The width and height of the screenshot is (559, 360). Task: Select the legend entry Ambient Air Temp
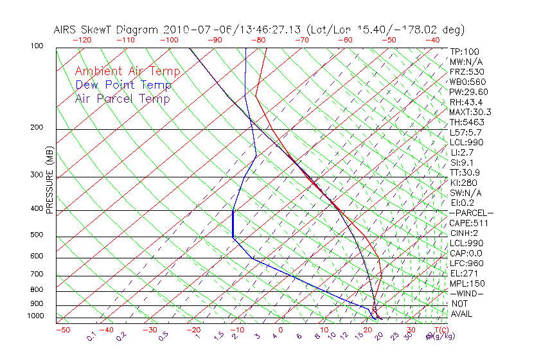coord(128,71)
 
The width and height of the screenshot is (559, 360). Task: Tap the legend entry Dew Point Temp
coord(123,85)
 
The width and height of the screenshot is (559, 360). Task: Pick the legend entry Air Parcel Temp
coord(123,98)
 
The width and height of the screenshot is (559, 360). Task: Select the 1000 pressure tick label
coord(36,316)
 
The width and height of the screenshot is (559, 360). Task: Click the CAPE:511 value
coord(469,223)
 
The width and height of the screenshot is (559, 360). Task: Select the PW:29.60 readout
coord(469,92)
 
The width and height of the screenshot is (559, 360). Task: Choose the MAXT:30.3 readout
coord(471,112)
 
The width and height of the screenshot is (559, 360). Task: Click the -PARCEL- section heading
coord(471,213)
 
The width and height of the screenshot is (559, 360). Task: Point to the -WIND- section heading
coord(467,293)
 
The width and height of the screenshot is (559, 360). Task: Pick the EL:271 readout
coord(465,273)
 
